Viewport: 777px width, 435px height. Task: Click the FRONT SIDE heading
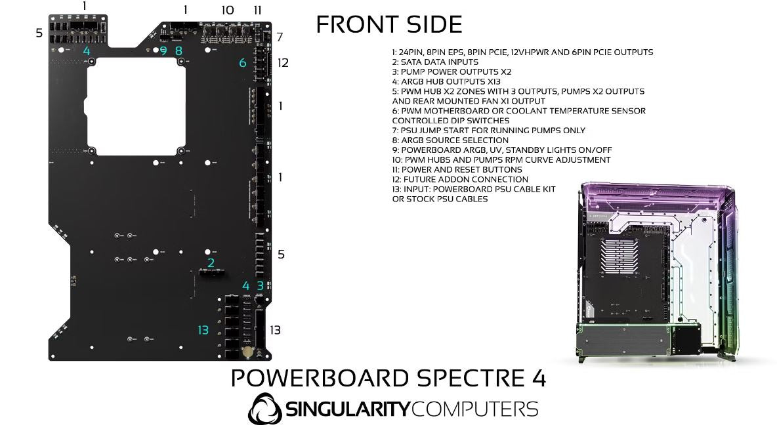coord(388,24)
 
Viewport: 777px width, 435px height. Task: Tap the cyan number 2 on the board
coord(211,263)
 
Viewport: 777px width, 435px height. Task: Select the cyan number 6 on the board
coord(243,63)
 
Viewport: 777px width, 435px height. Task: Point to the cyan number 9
coord(163,51)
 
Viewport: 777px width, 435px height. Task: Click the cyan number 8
coord(178,51)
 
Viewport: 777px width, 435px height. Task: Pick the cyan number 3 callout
coord(261,285)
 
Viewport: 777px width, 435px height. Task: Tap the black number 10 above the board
coord(227,10)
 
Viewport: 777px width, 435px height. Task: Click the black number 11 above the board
coord(257,10)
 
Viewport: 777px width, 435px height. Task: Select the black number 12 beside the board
coord(283,63)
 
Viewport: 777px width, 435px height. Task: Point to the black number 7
coord(280,37)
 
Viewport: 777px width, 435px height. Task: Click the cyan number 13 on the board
coord(203,330)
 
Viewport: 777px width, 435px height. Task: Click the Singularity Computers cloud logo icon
coord(264,409)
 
